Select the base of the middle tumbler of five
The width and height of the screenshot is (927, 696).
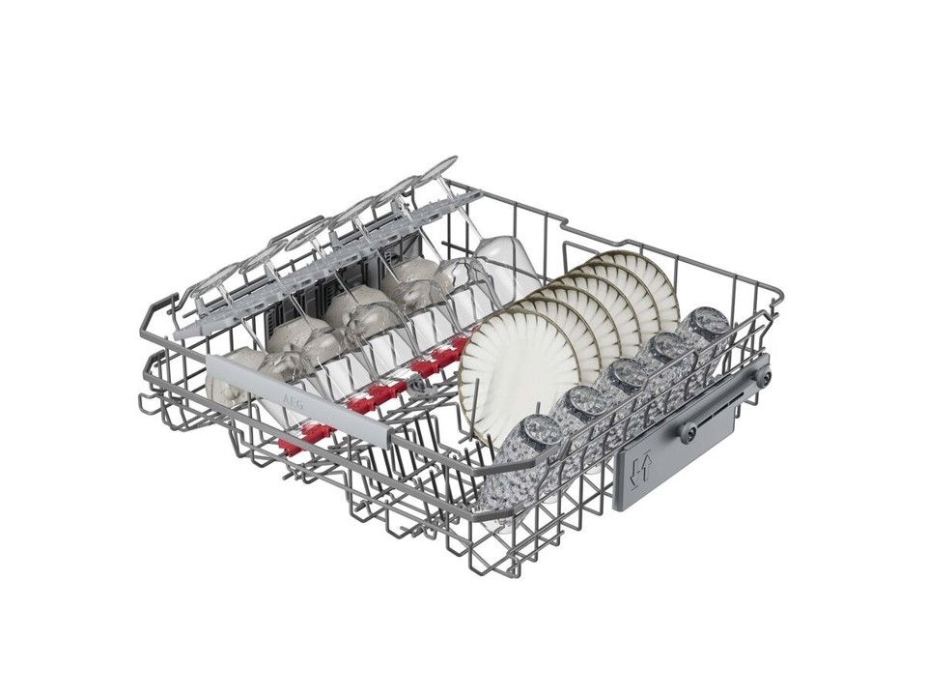[624, 376]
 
